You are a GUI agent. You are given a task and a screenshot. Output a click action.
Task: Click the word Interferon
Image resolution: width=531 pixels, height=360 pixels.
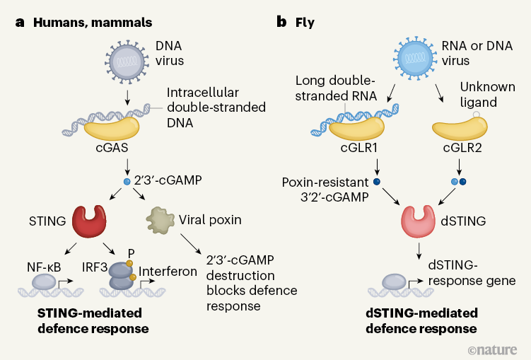(x=167, y=271)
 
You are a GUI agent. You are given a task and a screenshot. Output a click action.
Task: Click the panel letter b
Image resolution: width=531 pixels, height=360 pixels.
(x=281, y=22)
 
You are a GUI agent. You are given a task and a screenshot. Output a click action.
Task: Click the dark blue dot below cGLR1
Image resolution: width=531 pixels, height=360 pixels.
(x=376, y=181)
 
